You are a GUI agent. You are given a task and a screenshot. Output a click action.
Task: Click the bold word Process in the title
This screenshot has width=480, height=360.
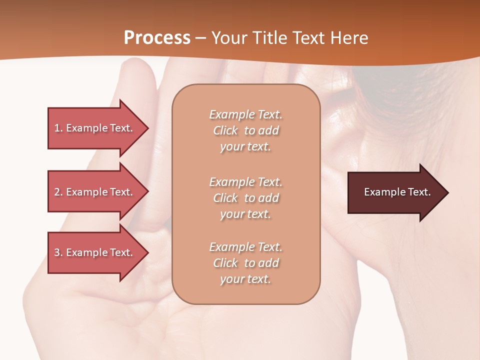[x=157, y=38]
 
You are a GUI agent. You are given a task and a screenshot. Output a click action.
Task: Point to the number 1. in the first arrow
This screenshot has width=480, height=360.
[x=58, y=128]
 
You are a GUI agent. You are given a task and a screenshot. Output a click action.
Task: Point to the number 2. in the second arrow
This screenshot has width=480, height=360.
[x=58, y=192]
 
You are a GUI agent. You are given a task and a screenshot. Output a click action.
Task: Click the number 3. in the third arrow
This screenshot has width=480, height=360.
[x=58, y=252]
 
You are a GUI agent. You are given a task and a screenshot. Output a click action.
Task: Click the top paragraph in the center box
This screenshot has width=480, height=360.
[x=245, y=130]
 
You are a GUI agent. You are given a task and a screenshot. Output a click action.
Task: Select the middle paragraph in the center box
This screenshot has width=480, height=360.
[x=245, y=198]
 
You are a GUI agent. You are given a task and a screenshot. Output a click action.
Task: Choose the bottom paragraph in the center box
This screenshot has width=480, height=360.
[x=245, y=263]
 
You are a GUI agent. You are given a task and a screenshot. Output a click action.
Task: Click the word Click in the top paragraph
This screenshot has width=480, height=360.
[x=225, y=130]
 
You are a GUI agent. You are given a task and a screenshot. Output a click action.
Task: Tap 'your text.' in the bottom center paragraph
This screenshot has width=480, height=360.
[x=245, y=279]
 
